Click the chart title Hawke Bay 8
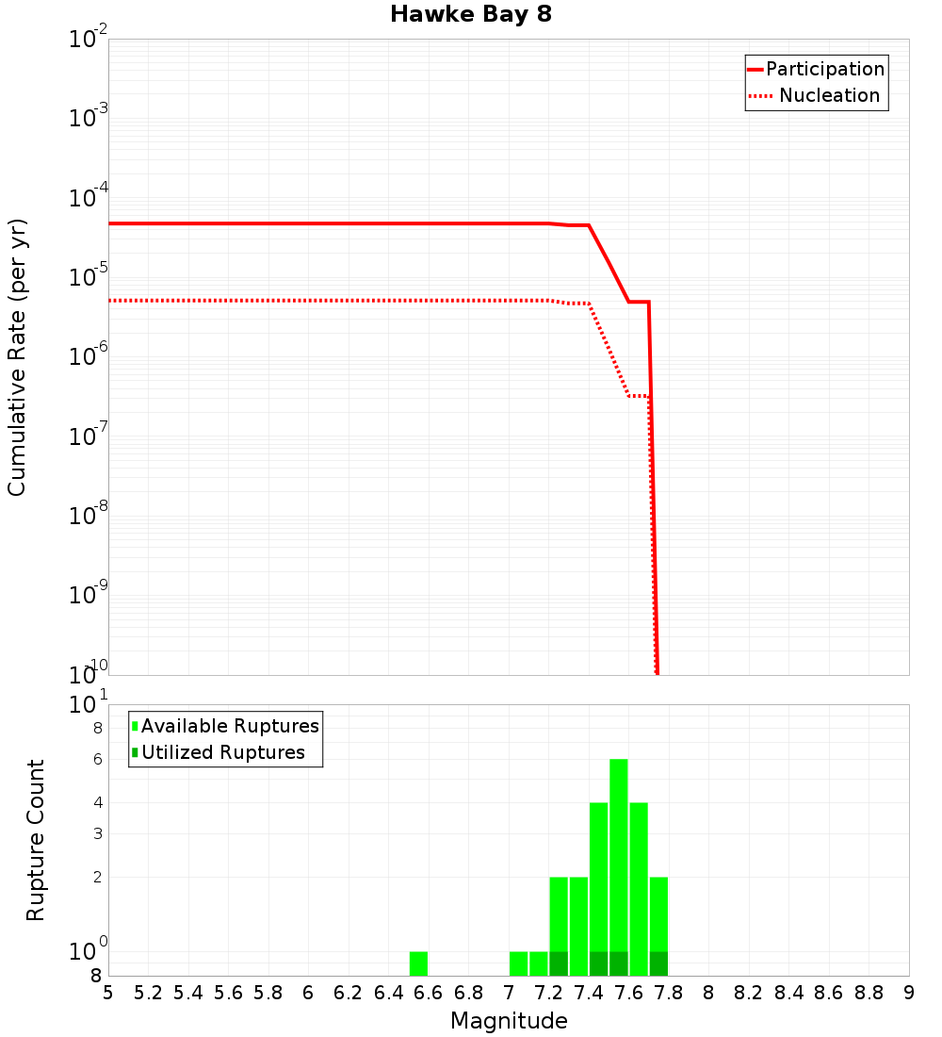470,15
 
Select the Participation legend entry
816,69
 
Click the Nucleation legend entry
816,95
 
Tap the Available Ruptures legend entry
226,726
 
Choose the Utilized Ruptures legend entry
219,752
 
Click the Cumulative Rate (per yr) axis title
17,356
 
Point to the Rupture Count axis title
36,840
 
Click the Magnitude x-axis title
509,1021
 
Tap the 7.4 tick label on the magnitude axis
589,993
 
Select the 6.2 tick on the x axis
349,993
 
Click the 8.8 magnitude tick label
869,993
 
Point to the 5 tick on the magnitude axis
108,993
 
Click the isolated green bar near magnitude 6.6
418,963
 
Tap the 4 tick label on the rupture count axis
97,802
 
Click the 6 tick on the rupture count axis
97,759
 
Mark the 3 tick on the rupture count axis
97,833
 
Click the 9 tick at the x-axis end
908,993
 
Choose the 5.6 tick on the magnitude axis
228,993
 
